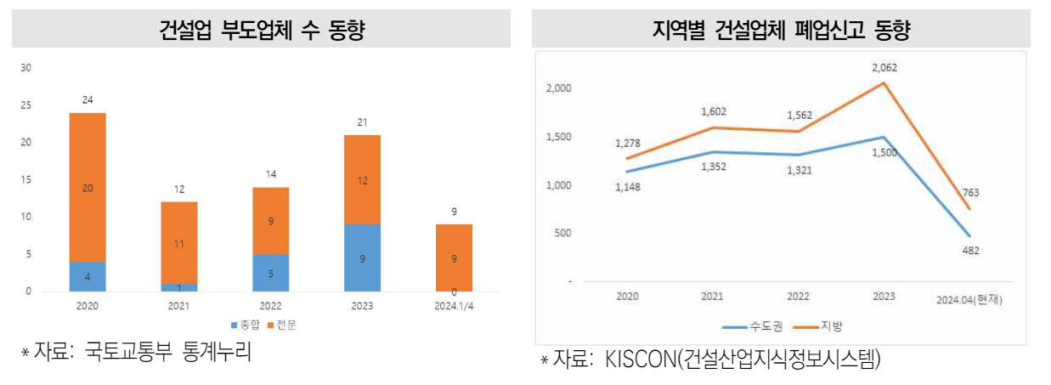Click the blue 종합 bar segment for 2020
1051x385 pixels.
88,276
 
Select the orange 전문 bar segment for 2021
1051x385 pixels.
178,242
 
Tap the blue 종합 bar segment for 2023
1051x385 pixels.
362,258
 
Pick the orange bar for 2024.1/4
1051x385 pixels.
454,258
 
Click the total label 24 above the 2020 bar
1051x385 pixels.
88,100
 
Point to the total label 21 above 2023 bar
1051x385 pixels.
362,122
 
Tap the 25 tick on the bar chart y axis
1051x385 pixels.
25,105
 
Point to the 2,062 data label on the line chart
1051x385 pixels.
884,68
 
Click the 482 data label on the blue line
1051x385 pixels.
970,250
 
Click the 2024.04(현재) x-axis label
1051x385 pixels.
970,299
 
